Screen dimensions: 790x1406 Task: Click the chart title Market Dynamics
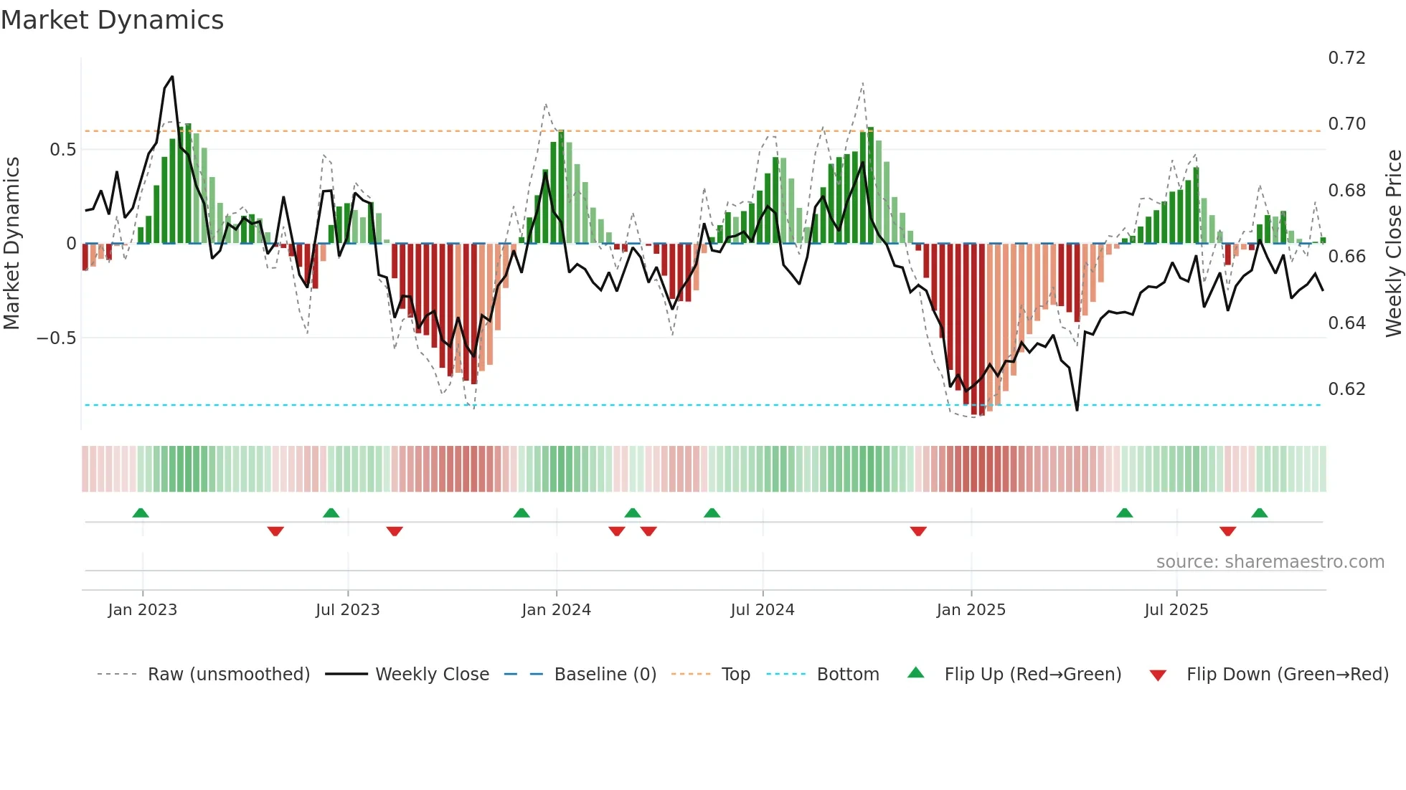click(x=113, y=20)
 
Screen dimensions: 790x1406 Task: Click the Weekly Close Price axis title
click(x=1393, y=243)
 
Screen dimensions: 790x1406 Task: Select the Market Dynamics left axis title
click(x=11, y=243)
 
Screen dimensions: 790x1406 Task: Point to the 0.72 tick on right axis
click(x=1346, y=58)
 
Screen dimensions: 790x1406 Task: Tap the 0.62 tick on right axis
click(x=1346, y=389)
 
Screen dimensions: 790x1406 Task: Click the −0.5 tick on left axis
click(x=57, y=338)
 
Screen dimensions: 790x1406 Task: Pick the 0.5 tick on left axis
click(x=62, y=149)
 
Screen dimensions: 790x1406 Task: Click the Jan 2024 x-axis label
click(x=556, y=610)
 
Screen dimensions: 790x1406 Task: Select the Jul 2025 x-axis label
click(x=1176, y=610)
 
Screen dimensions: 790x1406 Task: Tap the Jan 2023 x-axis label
click(x=142, y=610)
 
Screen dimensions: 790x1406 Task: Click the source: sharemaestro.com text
click(x=1270, y=562)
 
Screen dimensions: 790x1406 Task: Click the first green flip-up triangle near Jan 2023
click(x=141, y=513)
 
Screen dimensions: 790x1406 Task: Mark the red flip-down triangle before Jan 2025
click(x=918, y=531)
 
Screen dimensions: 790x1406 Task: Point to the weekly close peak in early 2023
click(x=172, y=77)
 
